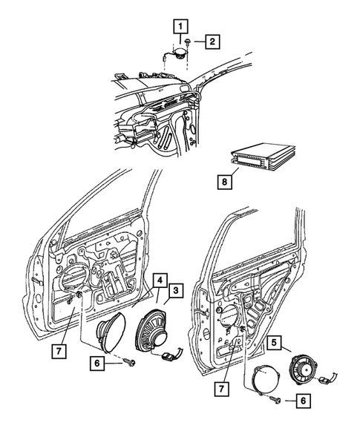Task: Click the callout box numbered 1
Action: pyautogui.click(x=179, y=26)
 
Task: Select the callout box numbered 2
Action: pyautogui.click(x=212, y=42)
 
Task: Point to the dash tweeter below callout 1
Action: pyautogui.click(x=178, y=53)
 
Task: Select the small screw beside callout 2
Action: pyautogui.click(x=192, y=42)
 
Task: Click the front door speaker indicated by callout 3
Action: pyautogui.click(x=153, y=330)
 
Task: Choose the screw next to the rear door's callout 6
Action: pyautogui.click(x=275, y=399)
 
